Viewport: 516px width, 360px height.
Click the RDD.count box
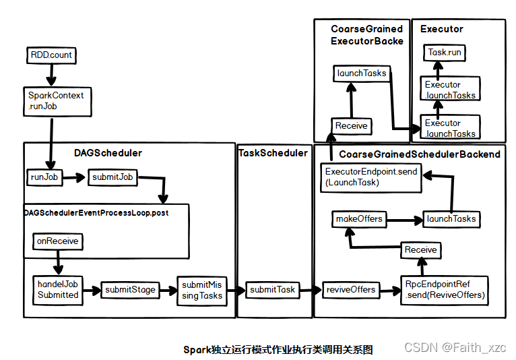pyautogui.click(x=52, y=54)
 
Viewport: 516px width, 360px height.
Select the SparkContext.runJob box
pyautogui.click(x=56, y=100)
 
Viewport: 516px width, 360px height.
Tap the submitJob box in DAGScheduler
pyautogui.click(x=113, y=177)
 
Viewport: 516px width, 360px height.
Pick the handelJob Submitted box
pyautogui.click(x=58, y=290)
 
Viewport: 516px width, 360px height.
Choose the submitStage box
pyautogui.click(x=130, y=290)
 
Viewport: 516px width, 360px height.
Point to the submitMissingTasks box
pyautogui.click(x=201, y=290)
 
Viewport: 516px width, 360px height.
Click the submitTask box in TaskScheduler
pyautogui.click(x=272, y=289)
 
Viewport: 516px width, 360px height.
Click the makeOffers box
pyautogui.click(x=359, y=218)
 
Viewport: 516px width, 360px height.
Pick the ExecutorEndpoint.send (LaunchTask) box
pyautogui.click(x=370, y=177)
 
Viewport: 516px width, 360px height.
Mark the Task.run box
pyautogui.click(x=445, y=52)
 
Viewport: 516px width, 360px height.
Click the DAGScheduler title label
pyautogui.click(x=108, y=153)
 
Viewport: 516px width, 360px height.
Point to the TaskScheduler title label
pyautogui.click(x=273, y=153)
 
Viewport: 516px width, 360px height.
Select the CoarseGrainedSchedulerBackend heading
pyautogui.click(x=419, y=154)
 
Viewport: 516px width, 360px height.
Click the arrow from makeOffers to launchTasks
pyautogui.click(x=404, y=219)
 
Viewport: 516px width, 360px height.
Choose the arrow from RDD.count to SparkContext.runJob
pyautogui.click(x=50, y=74)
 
